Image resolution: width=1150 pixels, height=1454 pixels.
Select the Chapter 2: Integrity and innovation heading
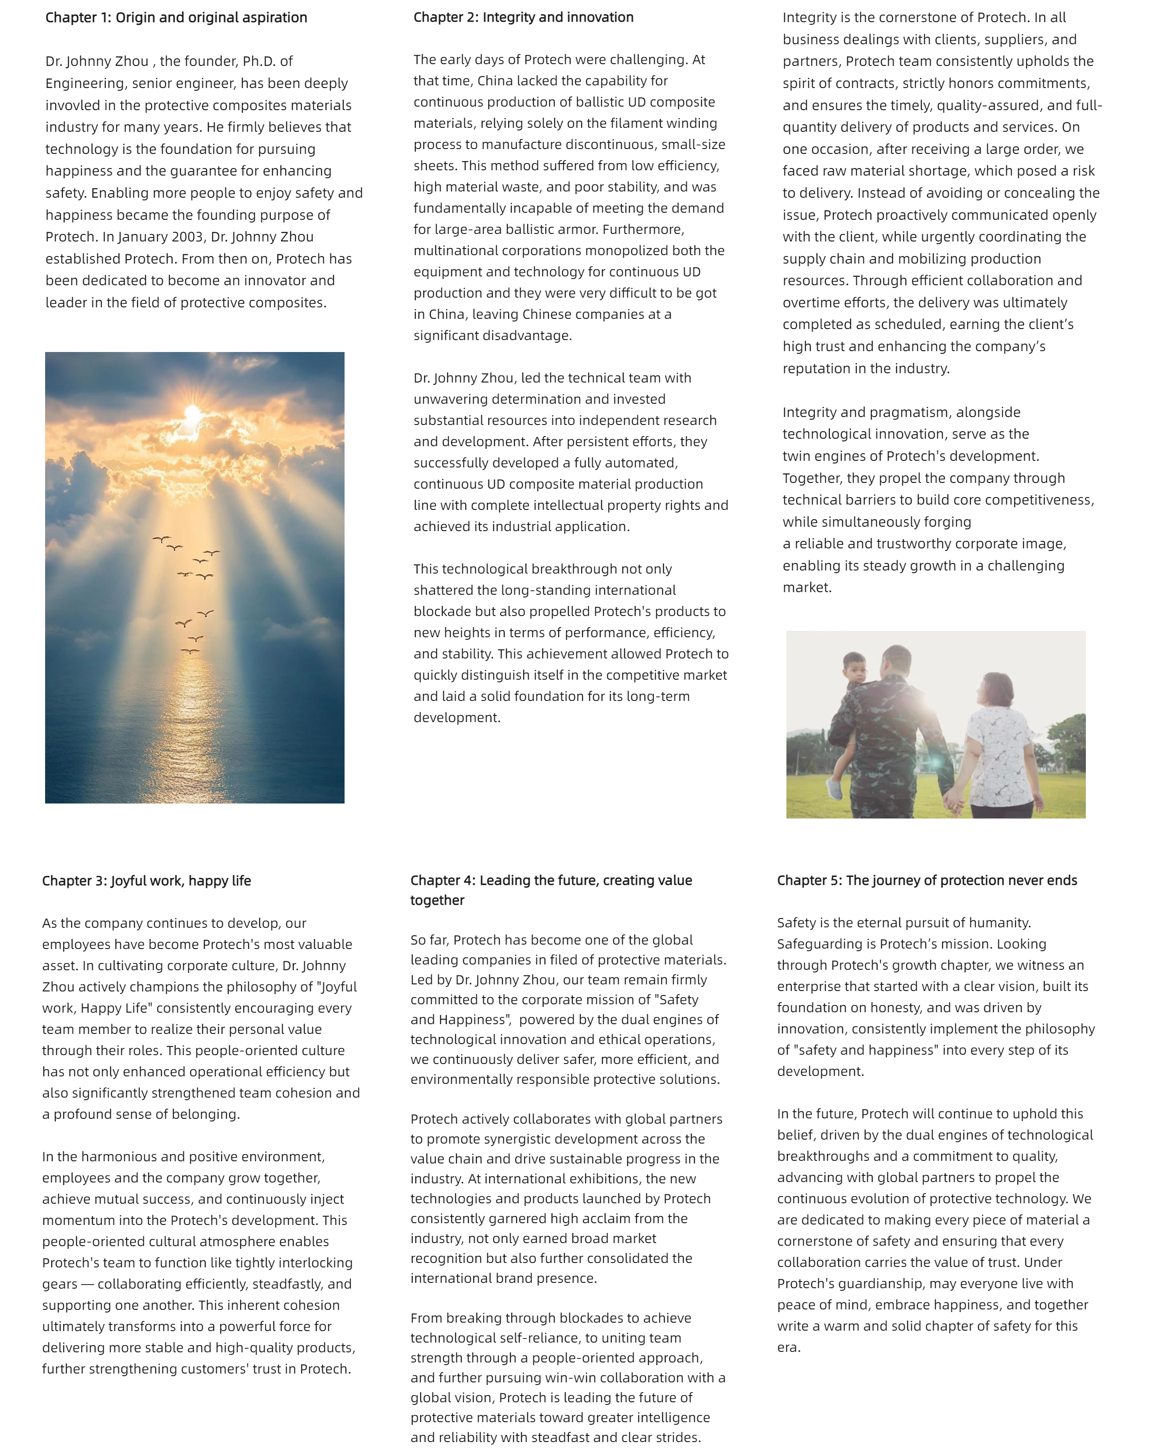pos(523,17)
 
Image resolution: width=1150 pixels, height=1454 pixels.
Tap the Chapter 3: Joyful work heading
pos(146,880)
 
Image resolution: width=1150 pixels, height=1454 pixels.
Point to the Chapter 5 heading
pos(927,880)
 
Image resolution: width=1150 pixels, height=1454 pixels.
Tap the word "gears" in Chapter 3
pos(60,1284)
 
